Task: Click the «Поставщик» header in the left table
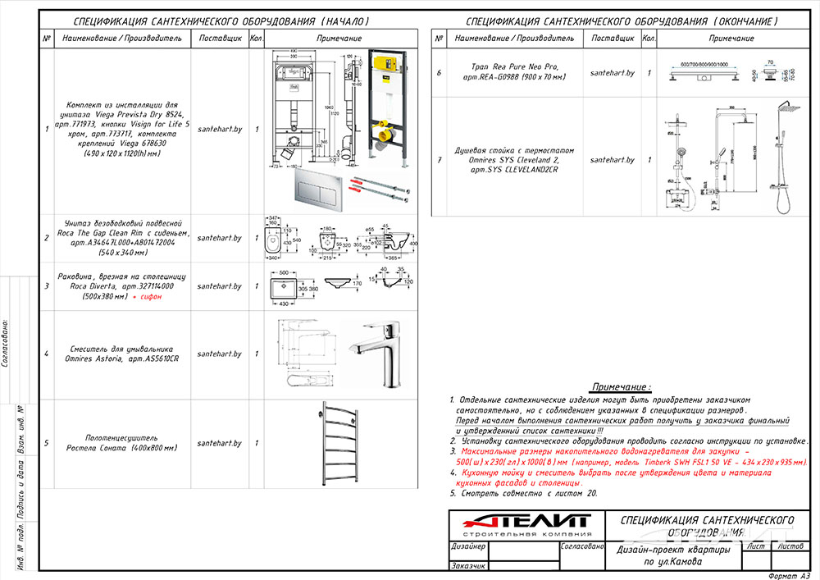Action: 221,38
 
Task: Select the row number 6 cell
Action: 439,73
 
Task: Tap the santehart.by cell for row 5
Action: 221,443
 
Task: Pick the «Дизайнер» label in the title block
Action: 469,546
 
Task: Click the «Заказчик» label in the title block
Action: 469,565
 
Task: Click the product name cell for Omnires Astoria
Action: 124,354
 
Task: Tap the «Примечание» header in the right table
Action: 731,38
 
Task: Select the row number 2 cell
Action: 47,238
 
